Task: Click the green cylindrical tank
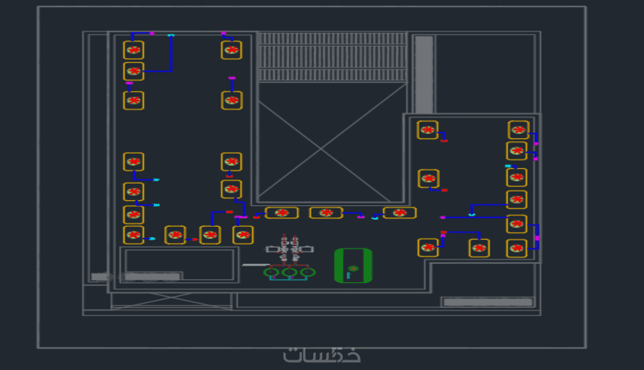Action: (353, 265)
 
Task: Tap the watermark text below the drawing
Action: (321, 355)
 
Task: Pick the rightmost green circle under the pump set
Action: (307, 273)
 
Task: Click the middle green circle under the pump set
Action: (289, 273)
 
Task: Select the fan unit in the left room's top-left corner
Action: (134, 50)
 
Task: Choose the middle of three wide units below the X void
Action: (326, 213)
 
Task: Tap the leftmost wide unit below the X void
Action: (282, 213)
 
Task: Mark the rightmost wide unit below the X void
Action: (399, 213)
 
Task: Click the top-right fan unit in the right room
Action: (518, 129)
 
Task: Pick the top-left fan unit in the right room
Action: (427, 129)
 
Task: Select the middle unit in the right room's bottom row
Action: (479, 248)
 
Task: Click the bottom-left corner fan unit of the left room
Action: (134, 235)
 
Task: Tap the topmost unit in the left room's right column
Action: (231, 50)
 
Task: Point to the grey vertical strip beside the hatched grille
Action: (424, 74)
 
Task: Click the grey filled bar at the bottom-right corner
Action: (488, 302)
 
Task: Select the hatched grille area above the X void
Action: (332, 56)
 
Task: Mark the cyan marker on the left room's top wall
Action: (171, 35)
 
